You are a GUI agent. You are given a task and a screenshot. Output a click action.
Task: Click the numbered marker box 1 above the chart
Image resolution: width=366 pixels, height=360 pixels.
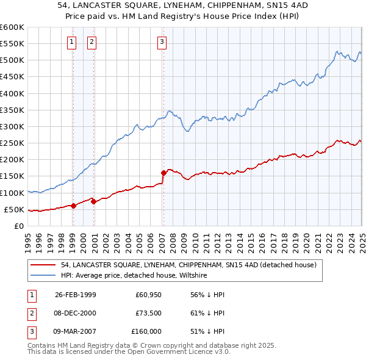coord(73,42)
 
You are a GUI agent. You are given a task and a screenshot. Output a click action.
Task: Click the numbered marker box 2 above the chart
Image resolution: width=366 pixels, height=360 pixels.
coord(92,42)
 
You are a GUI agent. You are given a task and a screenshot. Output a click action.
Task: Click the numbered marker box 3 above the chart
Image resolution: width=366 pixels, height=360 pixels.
coord(162,42)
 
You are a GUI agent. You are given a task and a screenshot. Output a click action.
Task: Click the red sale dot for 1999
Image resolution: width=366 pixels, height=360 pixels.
coord(73,206)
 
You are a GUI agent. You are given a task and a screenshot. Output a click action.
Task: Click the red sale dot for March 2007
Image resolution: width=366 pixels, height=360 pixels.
coord(163,173)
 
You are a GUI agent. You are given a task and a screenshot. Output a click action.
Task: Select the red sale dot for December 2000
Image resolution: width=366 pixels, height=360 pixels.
coord(93,201)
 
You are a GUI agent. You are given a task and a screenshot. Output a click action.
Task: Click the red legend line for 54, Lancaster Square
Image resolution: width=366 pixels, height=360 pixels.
coord(43,265)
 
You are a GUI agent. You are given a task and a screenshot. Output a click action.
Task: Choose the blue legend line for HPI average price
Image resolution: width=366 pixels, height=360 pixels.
coord(43,276)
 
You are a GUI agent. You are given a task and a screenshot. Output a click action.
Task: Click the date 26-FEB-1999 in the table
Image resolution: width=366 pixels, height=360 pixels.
coord(76,295)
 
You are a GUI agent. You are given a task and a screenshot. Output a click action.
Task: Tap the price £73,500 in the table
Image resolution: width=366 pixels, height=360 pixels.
coord(148,313)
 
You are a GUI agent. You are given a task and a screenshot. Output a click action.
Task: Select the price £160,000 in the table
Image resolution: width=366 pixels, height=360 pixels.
coord(146,331)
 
